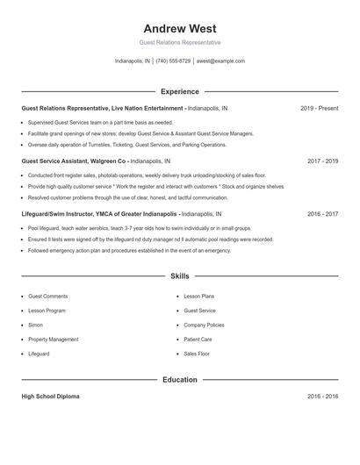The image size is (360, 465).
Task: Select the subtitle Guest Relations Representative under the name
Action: [x=180, y=42]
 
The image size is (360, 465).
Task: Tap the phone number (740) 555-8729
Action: [x=173, y=61]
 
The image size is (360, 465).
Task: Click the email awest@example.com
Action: [x=220, y=61]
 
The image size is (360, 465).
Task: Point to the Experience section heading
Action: [x=180, y=91]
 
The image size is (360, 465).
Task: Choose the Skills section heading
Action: [x=180, y=275]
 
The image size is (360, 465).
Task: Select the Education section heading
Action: [x=180, y=380]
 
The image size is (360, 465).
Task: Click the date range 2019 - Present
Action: [x=319, y=108]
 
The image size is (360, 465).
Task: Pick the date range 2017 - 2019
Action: [x=323, y=161]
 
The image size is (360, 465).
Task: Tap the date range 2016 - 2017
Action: [x=323, y=213]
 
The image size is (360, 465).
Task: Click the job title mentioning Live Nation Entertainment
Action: [x=102, y=108]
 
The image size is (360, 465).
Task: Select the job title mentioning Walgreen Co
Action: [x=76, y=161]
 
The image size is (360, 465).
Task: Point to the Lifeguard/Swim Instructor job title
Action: [x=100, y=213]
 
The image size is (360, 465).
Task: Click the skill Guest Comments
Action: [x=47, y=297]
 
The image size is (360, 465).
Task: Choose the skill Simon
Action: [x=35, y=325]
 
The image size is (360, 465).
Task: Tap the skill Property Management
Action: [x=53, y=339]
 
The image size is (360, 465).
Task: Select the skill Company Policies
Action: [x=204, y=325]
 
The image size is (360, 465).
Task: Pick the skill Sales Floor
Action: [x=197, y=354]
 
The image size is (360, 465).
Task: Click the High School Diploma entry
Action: [x=50, y=397]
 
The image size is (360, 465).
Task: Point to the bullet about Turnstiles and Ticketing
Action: [x=126, y=145]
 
